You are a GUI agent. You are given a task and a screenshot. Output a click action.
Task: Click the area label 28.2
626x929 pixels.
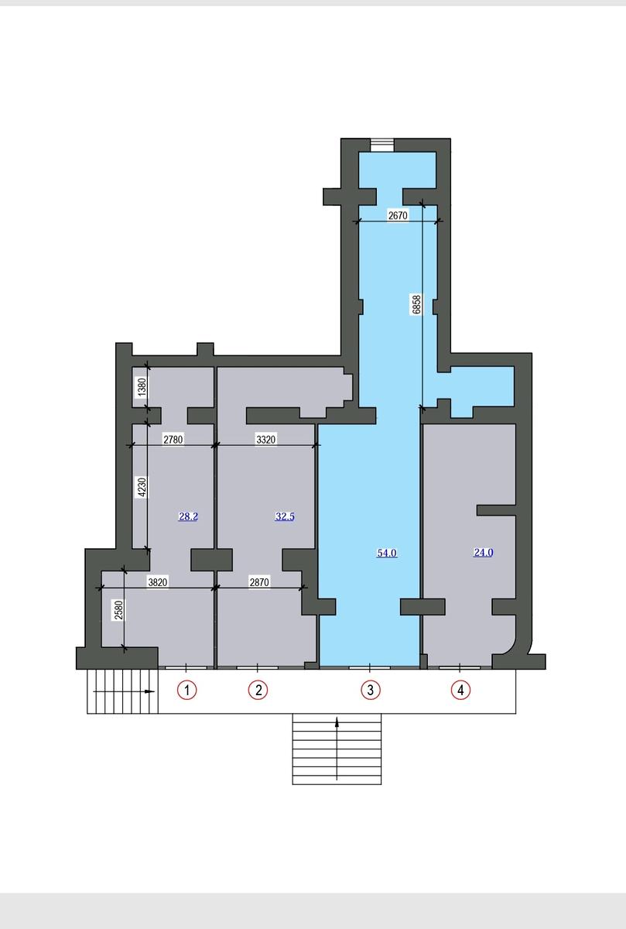(x=188, y=516)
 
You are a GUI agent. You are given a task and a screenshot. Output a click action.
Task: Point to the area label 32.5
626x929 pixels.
(x=285, y=516)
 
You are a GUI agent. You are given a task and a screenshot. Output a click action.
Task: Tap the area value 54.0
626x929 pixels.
(x=387, y=553)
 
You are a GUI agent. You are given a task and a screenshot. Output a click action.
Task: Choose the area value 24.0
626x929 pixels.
(x=484, y=553)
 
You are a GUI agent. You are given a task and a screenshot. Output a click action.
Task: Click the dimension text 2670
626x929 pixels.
(x=398, y=216)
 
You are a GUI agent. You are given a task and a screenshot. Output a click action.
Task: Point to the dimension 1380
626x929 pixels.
(x=142, y=387)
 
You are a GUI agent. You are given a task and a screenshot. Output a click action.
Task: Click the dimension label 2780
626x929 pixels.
(x=173, y=439)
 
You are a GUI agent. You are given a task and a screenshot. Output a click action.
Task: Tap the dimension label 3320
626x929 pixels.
(x=265, y=439)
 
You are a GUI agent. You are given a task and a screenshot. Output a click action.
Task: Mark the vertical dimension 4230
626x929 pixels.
(x=142, y=487)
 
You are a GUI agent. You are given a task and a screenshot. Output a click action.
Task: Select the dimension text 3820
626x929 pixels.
(x=158, y=582)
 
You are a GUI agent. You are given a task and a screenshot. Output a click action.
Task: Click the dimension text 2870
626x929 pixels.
(x=259, y=582)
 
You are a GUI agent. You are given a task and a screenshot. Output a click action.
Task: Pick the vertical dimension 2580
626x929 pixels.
(x=119, y=610)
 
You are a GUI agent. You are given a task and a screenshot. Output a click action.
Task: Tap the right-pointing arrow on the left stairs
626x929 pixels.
(x=124, y=691)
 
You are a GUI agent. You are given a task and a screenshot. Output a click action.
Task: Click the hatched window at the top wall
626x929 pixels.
(x=382, y=145)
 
